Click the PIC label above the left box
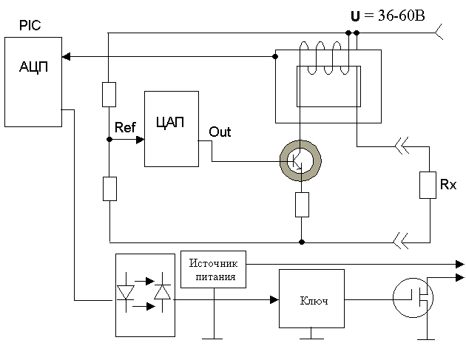30,25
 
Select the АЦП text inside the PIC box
33,67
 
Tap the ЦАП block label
170,122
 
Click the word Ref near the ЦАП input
125,127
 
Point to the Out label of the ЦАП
220,132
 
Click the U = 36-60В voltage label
388,16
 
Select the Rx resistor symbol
428,185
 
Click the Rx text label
448,185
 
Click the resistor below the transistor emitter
302,205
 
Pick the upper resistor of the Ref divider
109,95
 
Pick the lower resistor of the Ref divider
109,189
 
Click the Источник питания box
213,269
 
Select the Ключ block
311,299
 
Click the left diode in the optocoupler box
126,292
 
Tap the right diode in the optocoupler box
162,292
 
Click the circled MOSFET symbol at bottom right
413,298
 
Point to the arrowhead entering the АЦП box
66,56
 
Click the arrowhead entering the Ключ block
274,299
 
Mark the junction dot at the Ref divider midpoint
109,139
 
